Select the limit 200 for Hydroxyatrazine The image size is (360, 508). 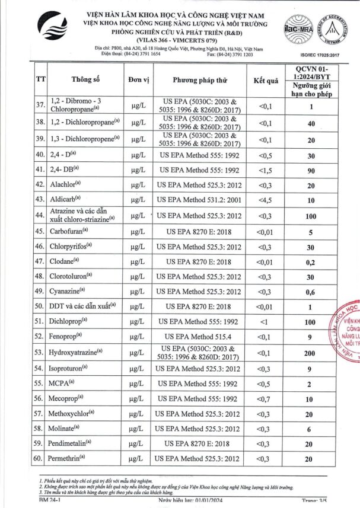click(x=323, y=353)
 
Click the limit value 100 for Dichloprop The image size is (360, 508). click(x=323, y=321)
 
